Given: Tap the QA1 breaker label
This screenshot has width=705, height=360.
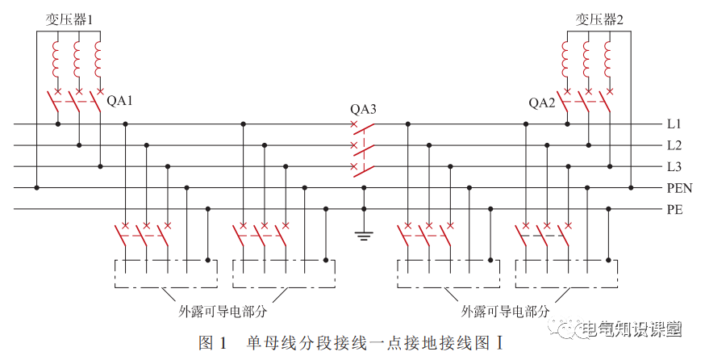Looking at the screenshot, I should pyautogui.click(x=120, y=102).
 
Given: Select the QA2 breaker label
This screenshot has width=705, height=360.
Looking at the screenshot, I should pyautogui.click(x=542, y=103).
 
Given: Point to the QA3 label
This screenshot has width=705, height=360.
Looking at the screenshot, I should pyautogui.click(x=363, y=109).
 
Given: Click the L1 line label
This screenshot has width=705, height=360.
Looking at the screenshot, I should pyautogui.click(x=674, y=124).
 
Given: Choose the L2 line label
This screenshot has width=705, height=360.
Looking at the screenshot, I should pyautogui.click(x=674, y=145).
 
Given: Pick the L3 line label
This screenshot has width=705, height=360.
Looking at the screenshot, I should pyautogui.click(x=674, y=167).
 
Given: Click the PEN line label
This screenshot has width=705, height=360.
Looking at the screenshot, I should pyautogui.click(x=679, y=189).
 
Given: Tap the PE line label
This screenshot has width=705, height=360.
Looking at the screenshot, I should pyautogui.click(x=675, y=210).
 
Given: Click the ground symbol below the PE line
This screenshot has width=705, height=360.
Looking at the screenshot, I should pyautogui.click(x=364, y=237).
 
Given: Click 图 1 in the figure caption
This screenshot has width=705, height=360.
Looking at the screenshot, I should pyautogui.click(x=212, y=342).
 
